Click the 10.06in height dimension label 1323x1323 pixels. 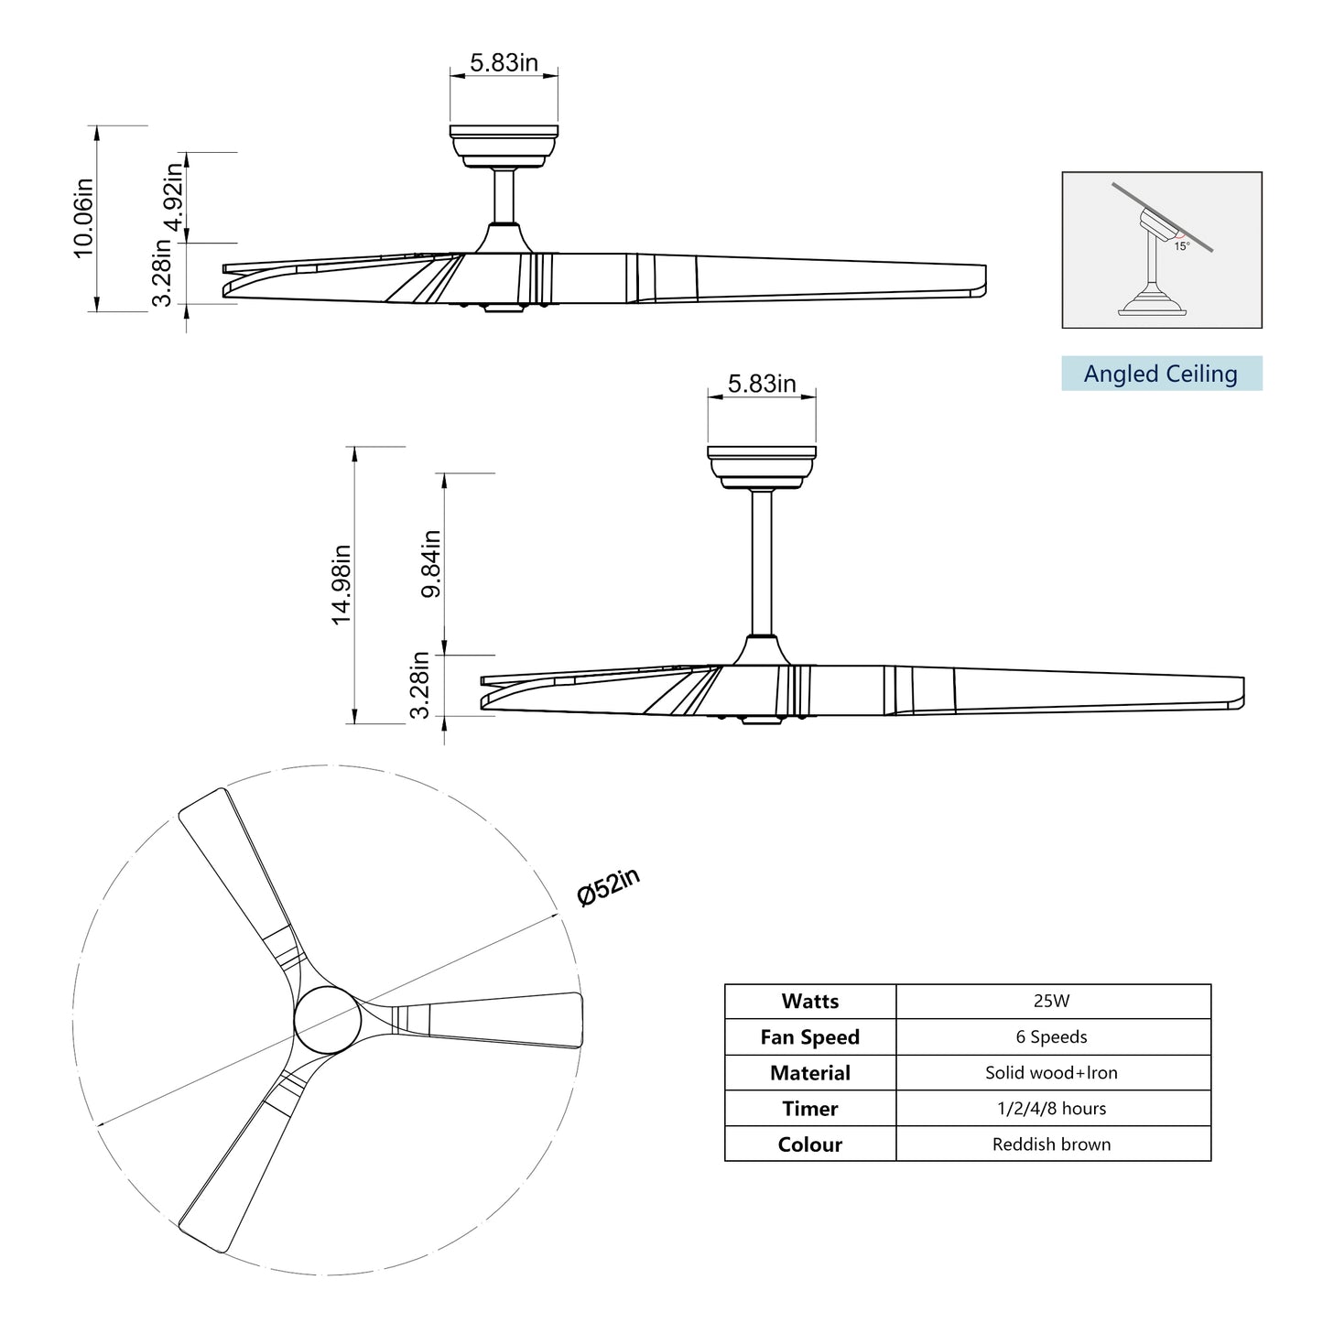pyautogui.click(x=83, y=217)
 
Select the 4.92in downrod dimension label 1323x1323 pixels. pyautogui.click(x=173, y=199)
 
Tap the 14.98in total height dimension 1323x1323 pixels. pyautogui.click(x=342, y=585)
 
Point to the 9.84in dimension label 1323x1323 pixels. pyautogui.click(x=431, y=563)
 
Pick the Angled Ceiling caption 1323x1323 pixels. pyautogui.click(x=1160, y=374)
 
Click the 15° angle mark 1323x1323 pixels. pyautogui.click(x=1182, y=246)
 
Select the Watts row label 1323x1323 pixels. pyautogui.click(x=809, y=1002)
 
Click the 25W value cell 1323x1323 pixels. pyautogui.click(x=1051, y=1002)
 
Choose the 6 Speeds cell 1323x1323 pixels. pyautogui.click(x=1051, y=1037)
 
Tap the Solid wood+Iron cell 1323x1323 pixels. pyautogui.click(x=1051, y=1073)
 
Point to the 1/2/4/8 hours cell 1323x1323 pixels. pyautogui.click(x=1051, y=1109)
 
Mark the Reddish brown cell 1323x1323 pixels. pyautogui.click(x=1051, y=1144)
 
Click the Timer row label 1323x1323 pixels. pyautogui.click(x=809, y=1109)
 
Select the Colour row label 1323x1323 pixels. pyautogui.click(x=809, y=1144)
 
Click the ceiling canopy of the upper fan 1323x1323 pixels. pyautogui.click(x=504, y=144)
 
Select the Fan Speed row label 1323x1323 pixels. pyautogui.click(x=809, y=1037)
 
